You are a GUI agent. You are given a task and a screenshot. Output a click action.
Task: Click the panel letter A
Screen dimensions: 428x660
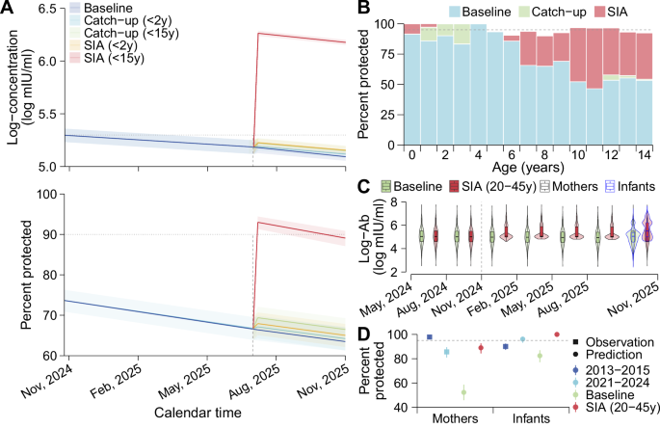(x=8, y=9)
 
